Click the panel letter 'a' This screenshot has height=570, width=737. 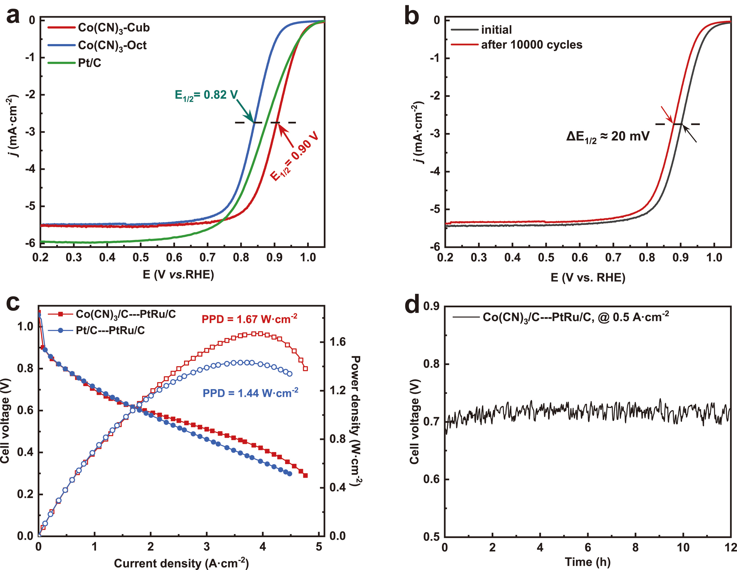coord(13,16)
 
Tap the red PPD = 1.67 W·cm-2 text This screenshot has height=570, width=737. coord(249,319)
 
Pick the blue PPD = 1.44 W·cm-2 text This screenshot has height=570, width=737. coord(250,393)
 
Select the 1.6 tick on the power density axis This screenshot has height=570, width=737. coord(338,342)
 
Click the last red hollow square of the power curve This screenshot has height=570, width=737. coord(305,369)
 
